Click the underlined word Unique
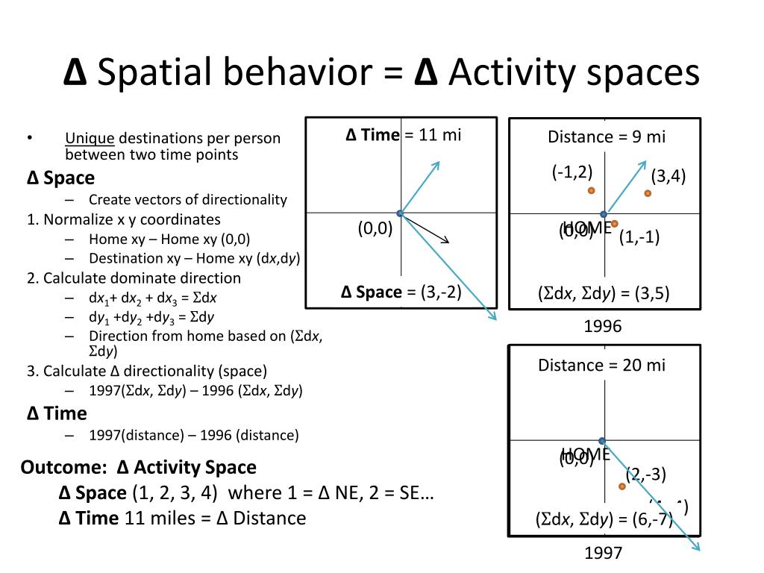tap(90, 138)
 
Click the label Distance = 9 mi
tap(606, 137)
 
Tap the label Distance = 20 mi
tap(601, 365)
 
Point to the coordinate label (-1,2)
tap(572, 172)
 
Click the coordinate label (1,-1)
tap(639, 239)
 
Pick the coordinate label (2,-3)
tap(645, 475)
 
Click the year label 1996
tap(603, 326)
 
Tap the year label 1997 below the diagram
tap(603, 553)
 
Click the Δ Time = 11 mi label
tap(403, 134)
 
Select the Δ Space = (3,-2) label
tap(401, 292)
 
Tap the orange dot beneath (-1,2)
tap(591, 190)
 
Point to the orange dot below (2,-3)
tap(621, 486)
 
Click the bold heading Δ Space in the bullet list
tap(60, 178)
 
